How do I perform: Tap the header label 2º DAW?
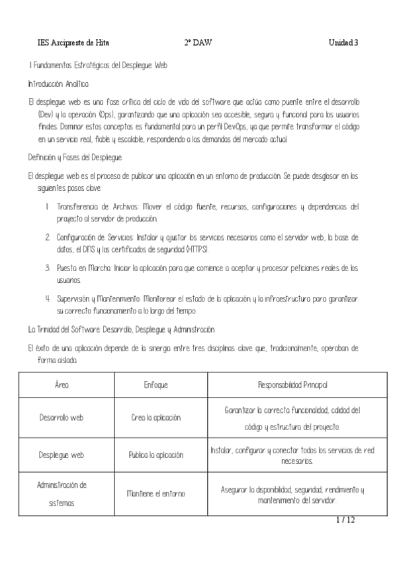[x=197, y=43]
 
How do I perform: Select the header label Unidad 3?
[x=343, y=43]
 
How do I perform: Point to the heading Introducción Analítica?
[x=58, y=84]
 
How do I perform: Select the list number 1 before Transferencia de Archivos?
[x=48, y=206]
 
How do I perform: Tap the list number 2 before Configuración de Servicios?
[x=48, y=237]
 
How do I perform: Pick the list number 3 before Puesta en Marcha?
[x=48, y=268]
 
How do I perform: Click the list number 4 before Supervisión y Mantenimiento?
[x=48, y=298]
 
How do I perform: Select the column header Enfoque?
[x=156, y=384]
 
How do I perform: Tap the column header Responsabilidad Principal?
[x=292, y=384]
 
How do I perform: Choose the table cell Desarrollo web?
[x=62, y=418]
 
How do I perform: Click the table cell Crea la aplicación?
[x=156, y=418]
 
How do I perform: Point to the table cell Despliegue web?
[x=62, y=455]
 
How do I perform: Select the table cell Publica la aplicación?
[x=156, y=455]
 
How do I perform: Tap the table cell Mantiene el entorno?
[x=156, y=494]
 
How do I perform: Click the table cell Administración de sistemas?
[x=62, y=494]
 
